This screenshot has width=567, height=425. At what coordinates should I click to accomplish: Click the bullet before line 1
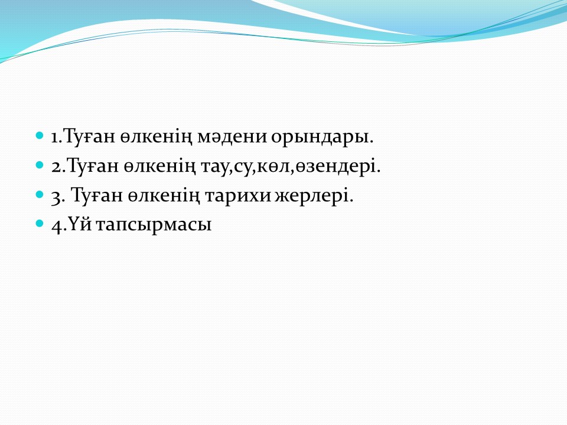40,136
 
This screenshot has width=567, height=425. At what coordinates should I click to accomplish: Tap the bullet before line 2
40,165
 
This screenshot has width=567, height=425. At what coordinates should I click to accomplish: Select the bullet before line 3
40,195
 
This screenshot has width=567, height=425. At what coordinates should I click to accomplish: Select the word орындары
322,138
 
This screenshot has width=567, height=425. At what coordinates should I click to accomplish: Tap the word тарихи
237,196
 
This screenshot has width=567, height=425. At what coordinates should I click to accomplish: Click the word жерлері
314,196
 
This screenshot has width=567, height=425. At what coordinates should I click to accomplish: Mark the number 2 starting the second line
57,166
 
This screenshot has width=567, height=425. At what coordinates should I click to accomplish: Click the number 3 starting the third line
56,197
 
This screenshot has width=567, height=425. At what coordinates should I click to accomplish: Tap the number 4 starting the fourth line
57,226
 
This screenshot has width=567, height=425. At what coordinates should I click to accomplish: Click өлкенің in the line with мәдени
156,138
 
